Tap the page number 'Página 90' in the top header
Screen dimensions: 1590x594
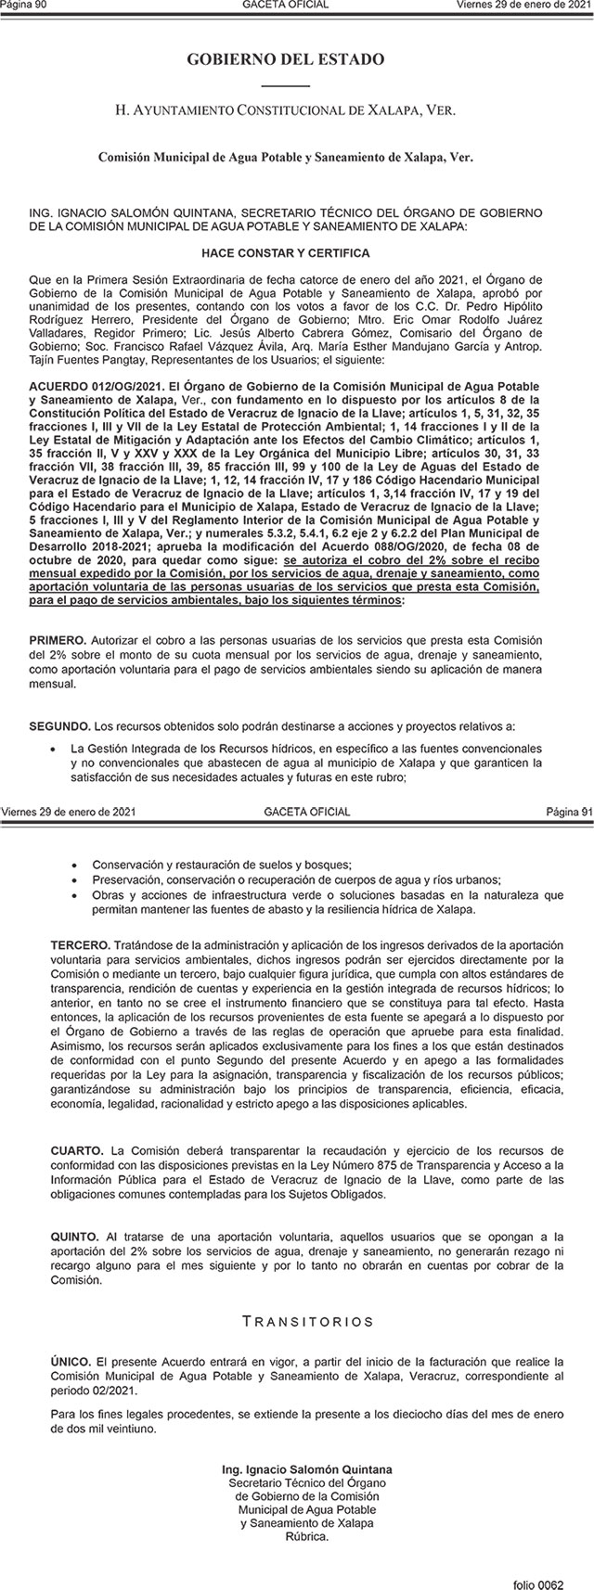coord(23,5)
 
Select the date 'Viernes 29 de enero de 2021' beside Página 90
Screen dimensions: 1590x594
coord(524,5)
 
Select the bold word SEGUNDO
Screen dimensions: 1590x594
coord(60,724)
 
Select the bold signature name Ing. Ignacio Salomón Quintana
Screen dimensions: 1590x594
coord(307,1470)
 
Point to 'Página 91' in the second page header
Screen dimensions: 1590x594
coord(568,812)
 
